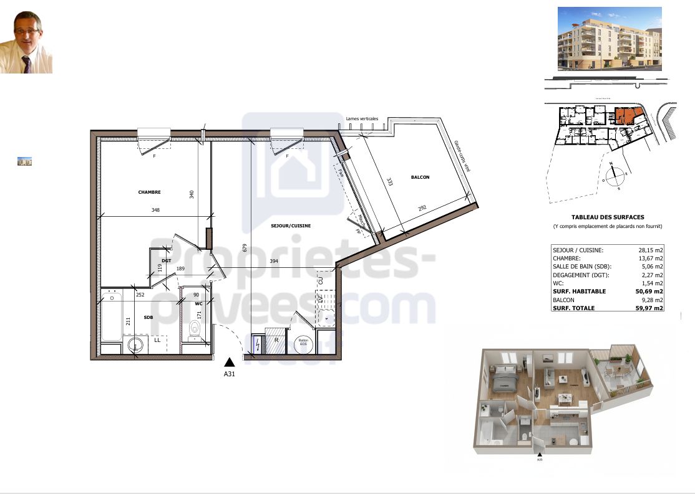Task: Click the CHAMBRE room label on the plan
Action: (150, 192)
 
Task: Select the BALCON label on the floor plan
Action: (420, 178)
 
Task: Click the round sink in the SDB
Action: (135, 344)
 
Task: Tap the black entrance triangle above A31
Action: (230, 361)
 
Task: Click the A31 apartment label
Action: (230, 374)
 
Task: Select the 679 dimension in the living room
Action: (246, 247)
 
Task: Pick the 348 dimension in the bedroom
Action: (155, 211)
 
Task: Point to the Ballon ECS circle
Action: (303, 343)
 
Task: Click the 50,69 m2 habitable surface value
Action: (650, 291)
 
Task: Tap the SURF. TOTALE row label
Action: (573, 308)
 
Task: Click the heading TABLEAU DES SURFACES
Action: (608, 217)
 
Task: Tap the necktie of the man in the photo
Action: (27, 64)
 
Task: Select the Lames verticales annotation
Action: (361, 118)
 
